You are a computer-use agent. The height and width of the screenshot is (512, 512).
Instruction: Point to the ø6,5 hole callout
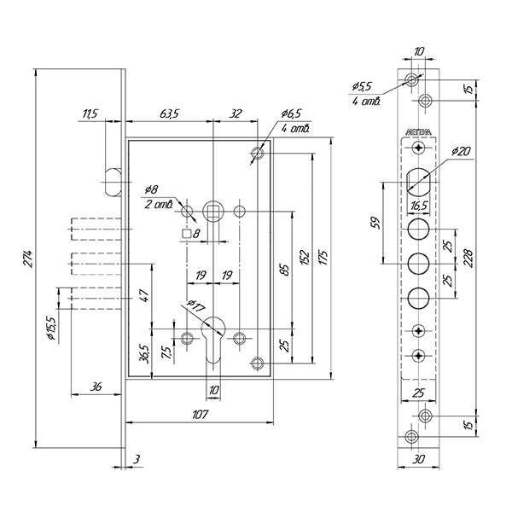click(291, 113)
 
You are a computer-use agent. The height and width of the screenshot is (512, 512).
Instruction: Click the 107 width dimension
click(201, 414)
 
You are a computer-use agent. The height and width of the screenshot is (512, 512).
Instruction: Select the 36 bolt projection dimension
click(96, 387)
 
